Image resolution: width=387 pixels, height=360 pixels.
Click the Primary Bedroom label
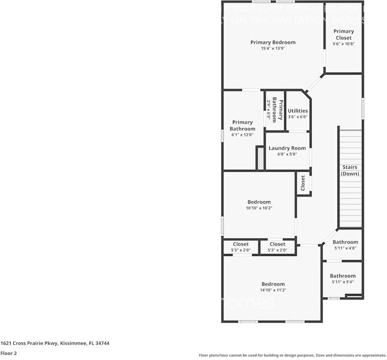273,42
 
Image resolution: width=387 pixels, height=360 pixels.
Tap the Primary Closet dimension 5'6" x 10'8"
343,44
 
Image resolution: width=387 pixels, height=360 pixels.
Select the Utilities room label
298,111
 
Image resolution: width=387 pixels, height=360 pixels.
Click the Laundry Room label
287,148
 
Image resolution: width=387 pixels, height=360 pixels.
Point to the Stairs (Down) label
350,171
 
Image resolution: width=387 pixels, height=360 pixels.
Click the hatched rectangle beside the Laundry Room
260,158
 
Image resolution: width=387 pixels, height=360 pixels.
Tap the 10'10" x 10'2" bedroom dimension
259,208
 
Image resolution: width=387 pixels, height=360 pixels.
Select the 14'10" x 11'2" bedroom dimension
273,290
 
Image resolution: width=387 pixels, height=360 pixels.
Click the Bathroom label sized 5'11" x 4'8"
345,242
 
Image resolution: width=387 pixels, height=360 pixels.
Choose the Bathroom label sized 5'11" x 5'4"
343,276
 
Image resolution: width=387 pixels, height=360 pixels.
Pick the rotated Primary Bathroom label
278,110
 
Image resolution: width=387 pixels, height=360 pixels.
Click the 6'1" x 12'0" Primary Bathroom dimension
242,135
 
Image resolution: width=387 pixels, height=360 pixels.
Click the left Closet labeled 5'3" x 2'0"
241,244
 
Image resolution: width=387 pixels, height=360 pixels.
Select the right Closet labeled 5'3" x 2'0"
277,244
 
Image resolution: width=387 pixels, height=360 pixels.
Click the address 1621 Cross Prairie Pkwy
55,343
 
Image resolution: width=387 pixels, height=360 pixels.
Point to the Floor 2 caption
8,353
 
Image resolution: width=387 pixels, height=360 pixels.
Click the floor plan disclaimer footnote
292,355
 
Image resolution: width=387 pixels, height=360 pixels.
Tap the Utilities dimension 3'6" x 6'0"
298,117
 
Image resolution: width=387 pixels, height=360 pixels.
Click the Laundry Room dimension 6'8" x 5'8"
287,154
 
